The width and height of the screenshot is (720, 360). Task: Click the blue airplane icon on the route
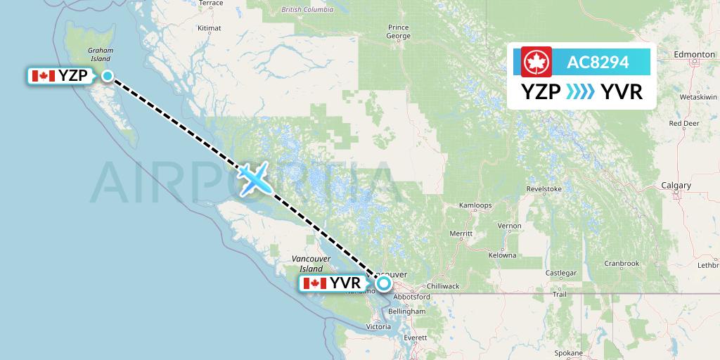(254, 178)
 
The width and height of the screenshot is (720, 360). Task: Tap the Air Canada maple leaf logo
(537, 63)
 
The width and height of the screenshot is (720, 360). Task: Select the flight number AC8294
(599, 63)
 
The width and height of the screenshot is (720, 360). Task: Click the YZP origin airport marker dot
(108, 76)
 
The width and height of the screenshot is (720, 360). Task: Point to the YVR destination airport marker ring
(383, 283)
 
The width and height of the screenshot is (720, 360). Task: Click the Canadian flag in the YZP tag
(44, 76)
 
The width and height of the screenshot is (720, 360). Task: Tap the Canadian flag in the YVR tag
(314, 283)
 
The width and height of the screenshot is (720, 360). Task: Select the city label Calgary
(676, 186)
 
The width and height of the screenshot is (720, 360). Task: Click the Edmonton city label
(693, 54)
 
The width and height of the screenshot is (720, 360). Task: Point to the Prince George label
(398, 31)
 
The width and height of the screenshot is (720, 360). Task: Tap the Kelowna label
(503, 255)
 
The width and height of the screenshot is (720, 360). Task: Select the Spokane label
(567, 352)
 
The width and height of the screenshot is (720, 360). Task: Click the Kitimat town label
(209, 28)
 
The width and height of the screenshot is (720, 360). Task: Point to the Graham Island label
(100, 55)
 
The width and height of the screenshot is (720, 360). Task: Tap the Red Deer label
(683, 123)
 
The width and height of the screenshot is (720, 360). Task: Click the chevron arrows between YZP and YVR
(581, 91)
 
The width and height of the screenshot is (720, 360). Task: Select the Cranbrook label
(622, 264)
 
